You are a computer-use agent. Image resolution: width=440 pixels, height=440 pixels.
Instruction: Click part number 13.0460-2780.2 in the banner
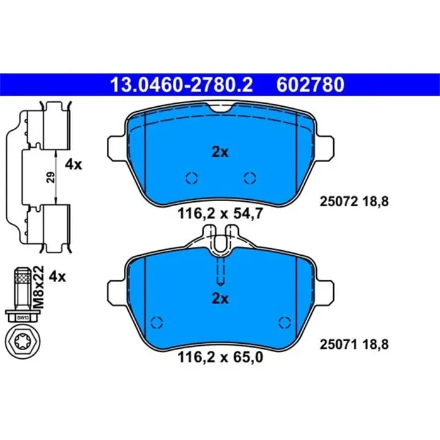coord(182,85)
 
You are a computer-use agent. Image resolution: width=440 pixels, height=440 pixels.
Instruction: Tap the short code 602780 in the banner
coord(311,85)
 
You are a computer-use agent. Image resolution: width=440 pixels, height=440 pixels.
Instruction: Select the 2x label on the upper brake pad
coord(220,152)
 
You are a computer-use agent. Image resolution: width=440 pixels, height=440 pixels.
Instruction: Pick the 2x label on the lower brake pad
coord(220,299)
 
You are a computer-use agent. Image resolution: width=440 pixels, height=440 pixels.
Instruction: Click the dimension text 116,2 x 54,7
coord(221,214)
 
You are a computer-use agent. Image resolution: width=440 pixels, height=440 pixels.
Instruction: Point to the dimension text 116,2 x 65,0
coord(221,358)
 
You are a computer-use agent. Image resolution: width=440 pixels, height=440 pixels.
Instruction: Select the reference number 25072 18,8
coord(354,202)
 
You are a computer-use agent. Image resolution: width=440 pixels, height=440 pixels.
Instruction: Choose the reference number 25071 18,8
coord(354,344)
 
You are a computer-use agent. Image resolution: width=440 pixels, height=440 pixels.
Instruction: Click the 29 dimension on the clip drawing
coord(51,177)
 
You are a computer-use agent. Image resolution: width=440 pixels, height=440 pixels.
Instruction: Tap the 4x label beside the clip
coord(74,165)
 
